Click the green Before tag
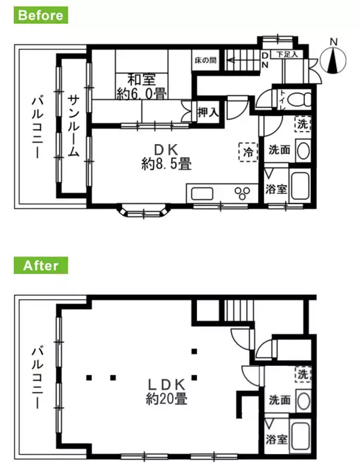41,15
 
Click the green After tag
41,265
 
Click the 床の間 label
205,61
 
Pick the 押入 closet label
208,112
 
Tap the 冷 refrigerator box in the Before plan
247,151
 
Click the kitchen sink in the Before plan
202,194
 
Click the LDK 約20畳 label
166,391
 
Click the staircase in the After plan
239,312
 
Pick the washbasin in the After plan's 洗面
303,400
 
